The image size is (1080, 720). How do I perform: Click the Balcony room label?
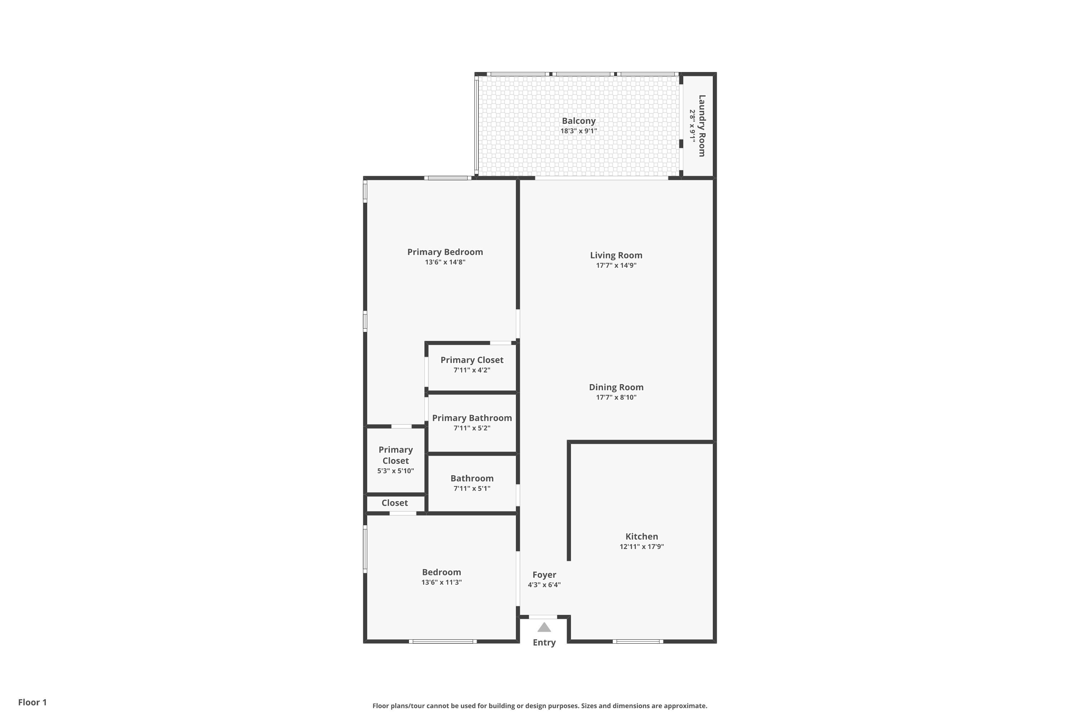pos(579,121)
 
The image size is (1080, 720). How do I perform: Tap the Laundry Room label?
pos(702,126)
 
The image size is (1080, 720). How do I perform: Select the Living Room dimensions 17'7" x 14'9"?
pos(616,265)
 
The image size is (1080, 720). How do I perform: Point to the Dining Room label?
pos(616,387)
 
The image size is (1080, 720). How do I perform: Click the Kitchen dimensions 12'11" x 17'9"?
pos(642,546)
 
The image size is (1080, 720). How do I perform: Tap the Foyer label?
pos(544,575)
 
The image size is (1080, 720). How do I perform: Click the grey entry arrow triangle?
pos(544,627)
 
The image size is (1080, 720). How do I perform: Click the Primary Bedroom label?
pos(445,252)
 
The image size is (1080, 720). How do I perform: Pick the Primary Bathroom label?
pos(472,418)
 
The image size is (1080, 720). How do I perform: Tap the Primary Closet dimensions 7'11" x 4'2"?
pos(472,370)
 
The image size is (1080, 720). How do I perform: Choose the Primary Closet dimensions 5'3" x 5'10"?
pos(395,471)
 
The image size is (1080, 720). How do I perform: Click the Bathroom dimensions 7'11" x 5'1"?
pos(472,489)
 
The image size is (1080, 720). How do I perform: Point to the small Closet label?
pos(395,503)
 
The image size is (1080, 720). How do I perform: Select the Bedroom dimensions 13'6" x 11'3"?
pos(441,582)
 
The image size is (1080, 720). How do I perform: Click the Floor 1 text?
pos(33,702)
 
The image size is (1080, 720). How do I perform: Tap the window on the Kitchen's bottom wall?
pos(638,642)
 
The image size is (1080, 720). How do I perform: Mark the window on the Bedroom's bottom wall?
pos(443,642)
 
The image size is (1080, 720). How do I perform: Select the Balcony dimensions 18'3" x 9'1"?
pos(579,131)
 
